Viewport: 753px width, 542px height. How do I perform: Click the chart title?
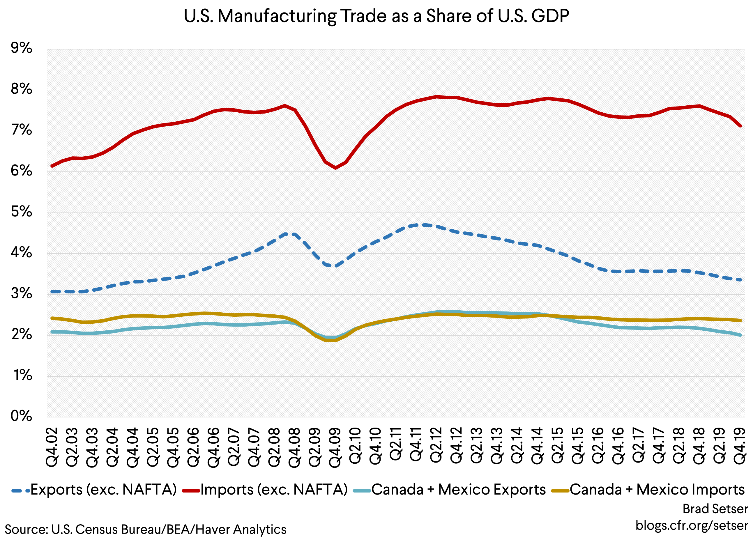376,16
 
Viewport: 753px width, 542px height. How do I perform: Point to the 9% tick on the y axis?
22,48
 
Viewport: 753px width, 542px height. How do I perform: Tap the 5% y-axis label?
22,212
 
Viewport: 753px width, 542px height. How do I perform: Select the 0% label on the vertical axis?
22,416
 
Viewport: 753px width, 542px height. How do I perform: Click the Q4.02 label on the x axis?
52,447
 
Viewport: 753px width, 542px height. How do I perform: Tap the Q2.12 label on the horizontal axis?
436,445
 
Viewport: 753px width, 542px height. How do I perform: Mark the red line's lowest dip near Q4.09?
336,168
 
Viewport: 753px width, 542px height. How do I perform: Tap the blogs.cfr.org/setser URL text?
692,525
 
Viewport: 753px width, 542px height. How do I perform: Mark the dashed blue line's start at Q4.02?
52,292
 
